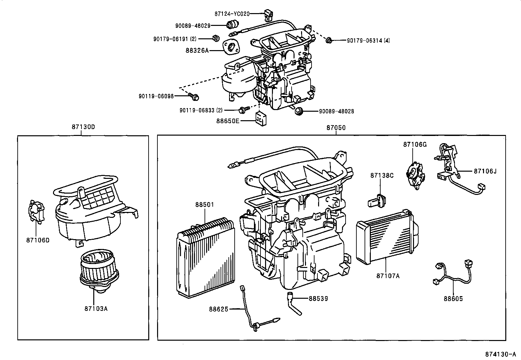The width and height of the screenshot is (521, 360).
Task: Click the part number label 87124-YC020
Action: coord(232,14)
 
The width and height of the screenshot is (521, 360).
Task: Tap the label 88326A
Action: coord(197,50)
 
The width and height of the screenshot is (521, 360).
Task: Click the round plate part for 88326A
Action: coord(231,47)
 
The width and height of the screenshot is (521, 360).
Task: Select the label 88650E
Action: coord(228,121)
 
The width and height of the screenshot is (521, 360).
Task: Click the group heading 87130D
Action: coord(83,127)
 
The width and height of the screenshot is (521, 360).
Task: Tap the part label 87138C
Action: coord(382,176)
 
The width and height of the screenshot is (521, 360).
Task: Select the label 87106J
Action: coord(485,171)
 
